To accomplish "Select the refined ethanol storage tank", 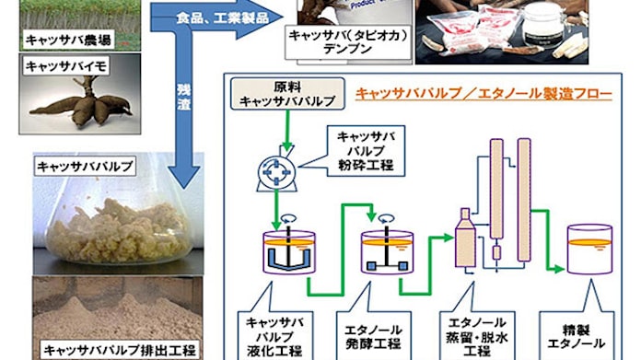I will click(590, 248).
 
